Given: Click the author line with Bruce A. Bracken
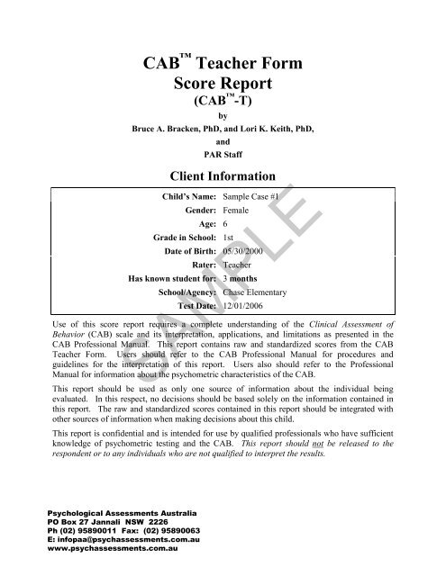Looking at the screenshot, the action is coord(223,129).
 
